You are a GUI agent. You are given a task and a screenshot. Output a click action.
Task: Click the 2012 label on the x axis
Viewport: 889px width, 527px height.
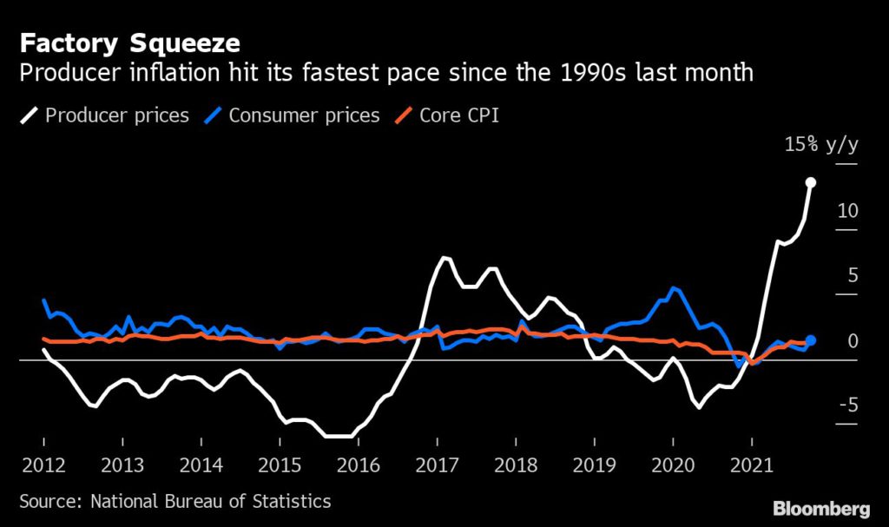click(x=43, y=464)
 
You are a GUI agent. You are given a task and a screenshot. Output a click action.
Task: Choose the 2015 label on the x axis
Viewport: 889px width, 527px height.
click(x=280, y=464)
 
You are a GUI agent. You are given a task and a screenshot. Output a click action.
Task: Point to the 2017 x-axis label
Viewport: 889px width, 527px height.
click(x=437, y=464)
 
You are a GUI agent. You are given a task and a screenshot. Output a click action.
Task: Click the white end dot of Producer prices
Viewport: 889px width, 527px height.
click(x=810, y=182)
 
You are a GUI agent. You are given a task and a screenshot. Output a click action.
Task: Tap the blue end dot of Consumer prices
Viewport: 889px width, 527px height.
click(x=810, y=341)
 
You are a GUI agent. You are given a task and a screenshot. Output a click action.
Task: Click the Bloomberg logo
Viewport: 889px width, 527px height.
click(x=820, y=506)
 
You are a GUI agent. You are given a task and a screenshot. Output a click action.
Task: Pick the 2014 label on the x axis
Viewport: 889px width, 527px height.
click(x=201, y=464)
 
